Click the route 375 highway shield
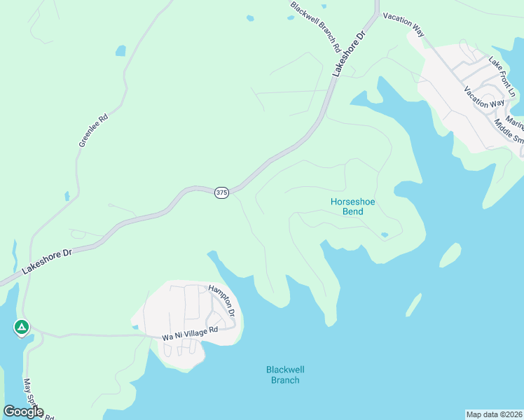point(221,192)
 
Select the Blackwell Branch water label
point(285,374)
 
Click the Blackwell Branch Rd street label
point(315,27)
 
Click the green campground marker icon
point(22,327)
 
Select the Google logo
point(24,411)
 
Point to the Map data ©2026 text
point(494,414)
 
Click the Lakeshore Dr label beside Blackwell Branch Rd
point(349,53)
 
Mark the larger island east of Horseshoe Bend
point(450,255)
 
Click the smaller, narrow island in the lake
point(414,304)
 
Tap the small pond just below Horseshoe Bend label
point(384,234)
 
